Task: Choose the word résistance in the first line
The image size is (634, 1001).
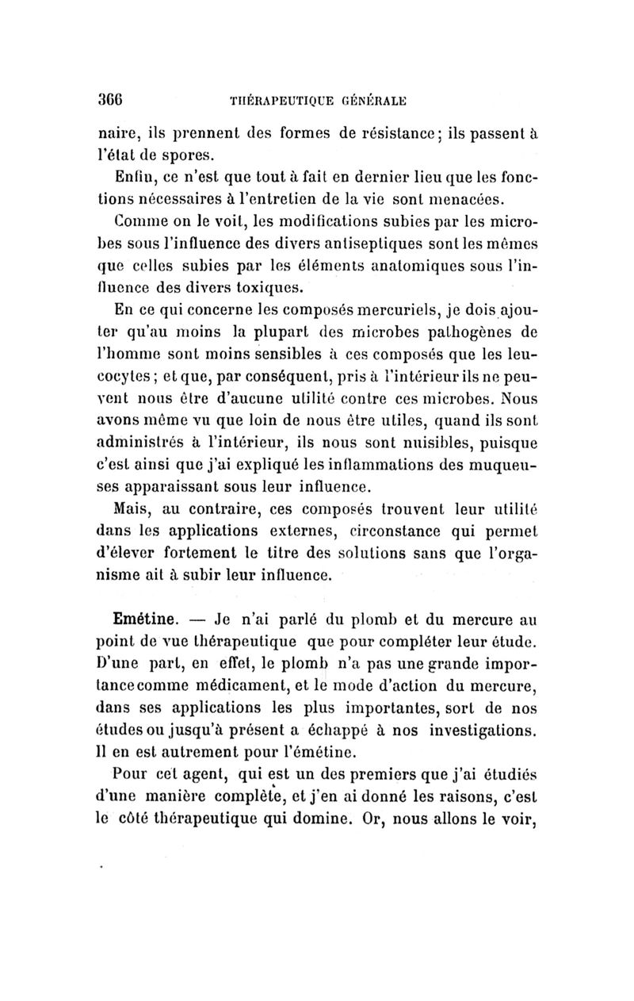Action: point(395,125)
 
